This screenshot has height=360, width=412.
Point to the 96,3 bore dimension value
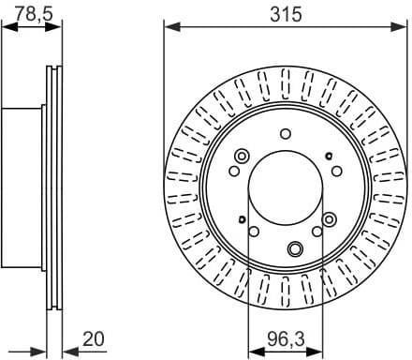point(286,336)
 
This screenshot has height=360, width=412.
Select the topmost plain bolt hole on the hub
point(286,135)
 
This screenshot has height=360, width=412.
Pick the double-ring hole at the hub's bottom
point(295,248)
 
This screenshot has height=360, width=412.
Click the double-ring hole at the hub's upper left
point(242,157)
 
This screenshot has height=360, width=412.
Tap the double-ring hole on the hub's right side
point(329,218)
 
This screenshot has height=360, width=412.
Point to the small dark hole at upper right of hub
point(328,155)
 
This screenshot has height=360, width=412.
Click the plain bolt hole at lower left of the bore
point(254,231)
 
